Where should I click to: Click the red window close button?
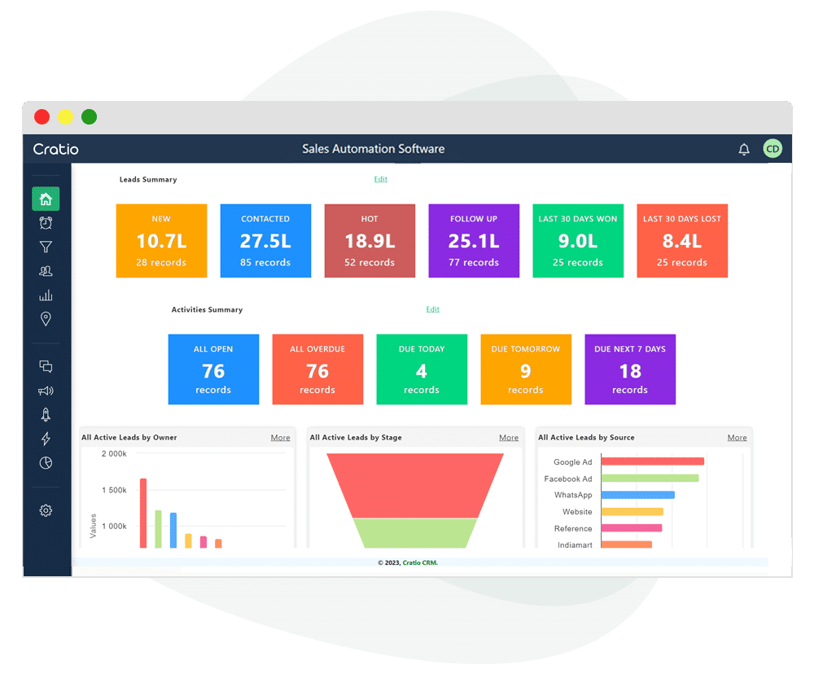pos(42,117)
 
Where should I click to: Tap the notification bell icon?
pos(743,149)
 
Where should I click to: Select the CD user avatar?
pos(772,149)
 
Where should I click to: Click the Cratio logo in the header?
pos(56,149)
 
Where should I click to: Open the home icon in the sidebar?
pos(46,199)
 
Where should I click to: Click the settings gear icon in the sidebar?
pos(46,510)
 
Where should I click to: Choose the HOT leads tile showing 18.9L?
pos(370,241)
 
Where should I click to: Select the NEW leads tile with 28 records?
pos(161,241)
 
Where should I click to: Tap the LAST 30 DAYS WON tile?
pos(578,241)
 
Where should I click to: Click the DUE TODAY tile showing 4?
pos(422,370)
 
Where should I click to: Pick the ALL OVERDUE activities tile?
pos(317,370)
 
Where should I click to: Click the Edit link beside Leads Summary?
pos(380,179)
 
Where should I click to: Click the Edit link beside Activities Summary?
pos(432,309)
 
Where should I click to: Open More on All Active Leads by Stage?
pos(509,438)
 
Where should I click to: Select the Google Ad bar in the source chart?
pos(652,461)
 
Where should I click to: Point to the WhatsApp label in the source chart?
pos(573,495)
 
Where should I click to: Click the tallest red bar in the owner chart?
pos(143,513)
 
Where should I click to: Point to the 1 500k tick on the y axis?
pos(114,490)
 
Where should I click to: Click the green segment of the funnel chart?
pos(415,533)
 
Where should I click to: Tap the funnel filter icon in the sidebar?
pos(46,247)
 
